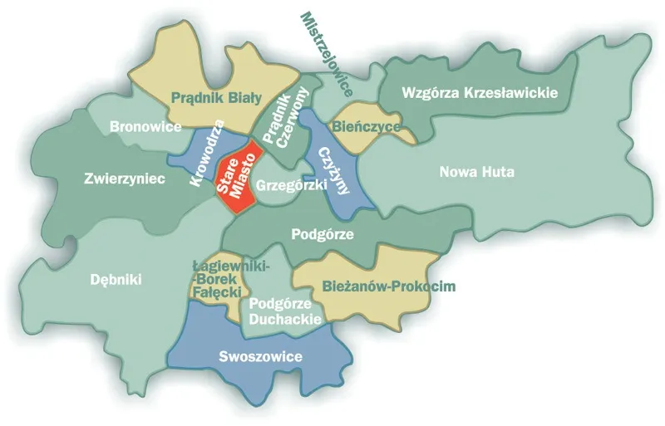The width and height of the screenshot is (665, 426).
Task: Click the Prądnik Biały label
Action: tap(216, 97)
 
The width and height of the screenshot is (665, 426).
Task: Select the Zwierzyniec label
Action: tap(125, 178)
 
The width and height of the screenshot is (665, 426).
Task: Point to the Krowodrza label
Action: tap(207, 154)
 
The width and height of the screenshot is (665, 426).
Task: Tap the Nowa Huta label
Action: tap(477, 173)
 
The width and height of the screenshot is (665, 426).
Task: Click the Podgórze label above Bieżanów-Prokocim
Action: tap(323, 234)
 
